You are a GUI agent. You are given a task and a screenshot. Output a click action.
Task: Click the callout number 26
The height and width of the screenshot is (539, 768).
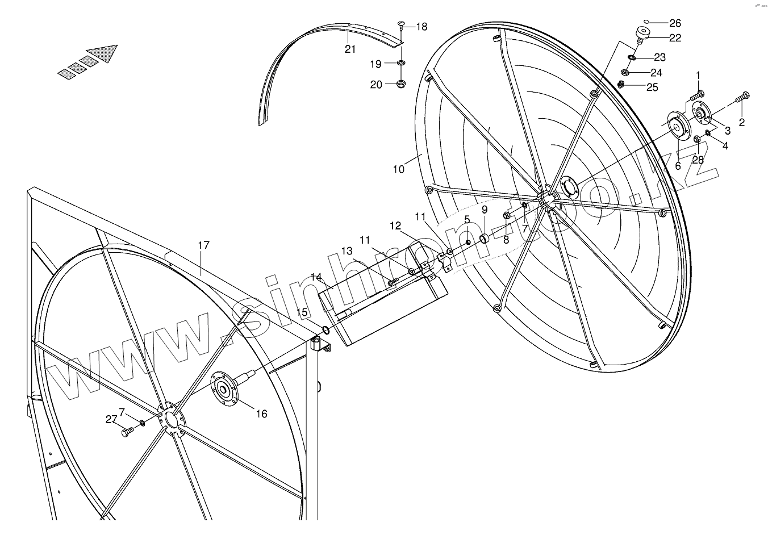[x=675, y=23]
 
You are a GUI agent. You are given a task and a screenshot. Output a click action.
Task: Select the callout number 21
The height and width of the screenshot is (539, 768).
[x=350, y=49]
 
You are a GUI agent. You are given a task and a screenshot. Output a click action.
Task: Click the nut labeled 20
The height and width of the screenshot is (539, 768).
[x=400, y=84]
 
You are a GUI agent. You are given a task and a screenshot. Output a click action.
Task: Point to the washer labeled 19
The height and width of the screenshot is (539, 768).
[x=400, y=62]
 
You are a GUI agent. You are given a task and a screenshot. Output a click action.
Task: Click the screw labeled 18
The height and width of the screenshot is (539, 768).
[x=400, y=24]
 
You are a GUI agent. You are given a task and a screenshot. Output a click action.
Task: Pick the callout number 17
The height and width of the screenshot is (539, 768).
[x=204, y=245]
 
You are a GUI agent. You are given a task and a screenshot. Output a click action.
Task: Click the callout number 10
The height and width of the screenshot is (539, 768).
[x=398, y=169]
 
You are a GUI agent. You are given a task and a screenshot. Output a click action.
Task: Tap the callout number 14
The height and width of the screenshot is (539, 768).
[x=316, y=277]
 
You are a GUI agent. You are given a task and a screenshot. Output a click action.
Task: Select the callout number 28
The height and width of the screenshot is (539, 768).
[x=698, y=160]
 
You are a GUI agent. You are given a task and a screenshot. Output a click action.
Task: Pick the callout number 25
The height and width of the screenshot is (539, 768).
[x=652, y=87]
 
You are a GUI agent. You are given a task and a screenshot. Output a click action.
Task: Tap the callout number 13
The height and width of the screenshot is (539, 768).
[x=347, y=250]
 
